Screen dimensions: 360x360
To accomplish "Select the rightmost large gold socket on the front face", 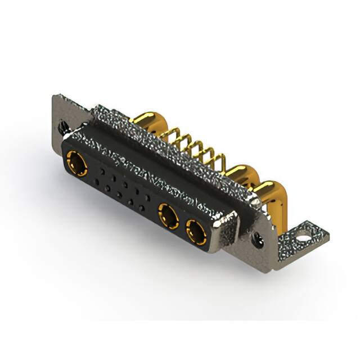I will [196, 232].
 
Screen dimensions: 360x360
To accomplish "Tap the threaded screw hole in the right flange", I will [259, 238].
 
